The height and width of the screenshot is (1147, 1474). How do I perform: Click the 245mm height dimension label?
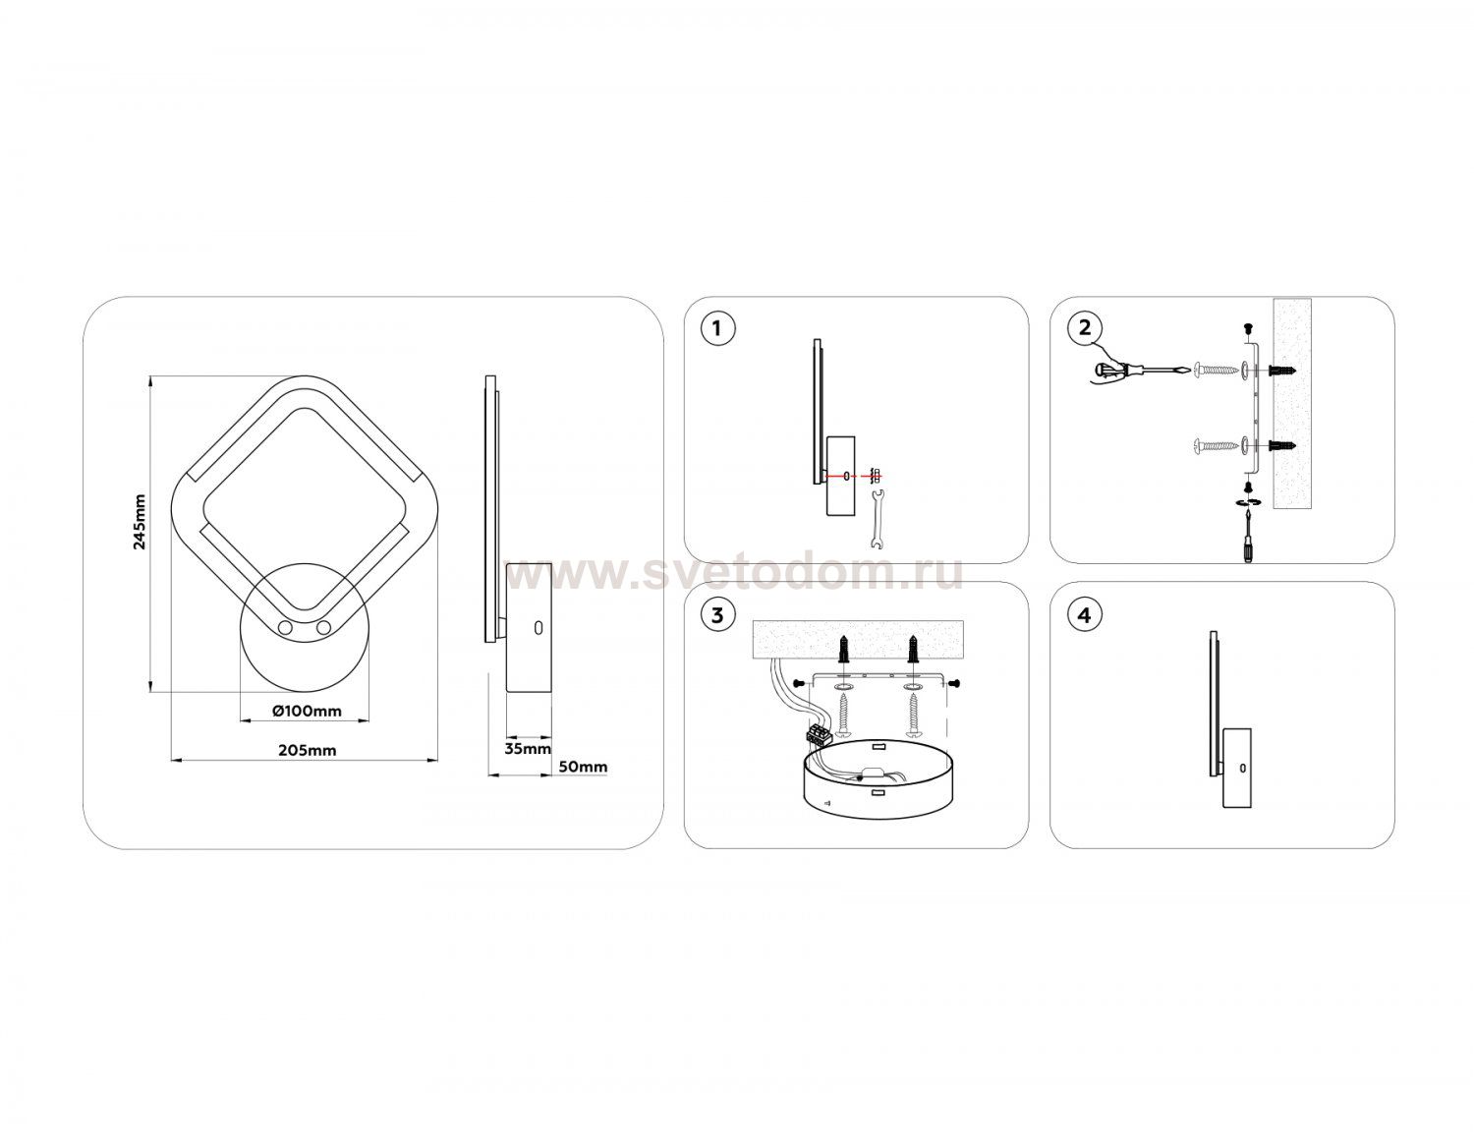point(140,522)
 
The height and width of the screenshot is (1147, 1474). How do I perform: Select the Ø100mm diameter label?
point(307,711)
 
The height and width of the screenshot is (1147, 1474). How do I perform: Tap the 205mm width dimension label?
point(307,750)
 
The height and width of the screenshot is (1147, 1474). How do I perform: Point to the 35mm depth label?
point(528,749)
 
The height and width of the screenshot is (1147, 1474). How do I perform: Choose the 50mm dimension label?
point(583,768)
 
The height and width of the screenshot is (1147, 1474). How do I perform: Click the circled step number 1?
point(717,329)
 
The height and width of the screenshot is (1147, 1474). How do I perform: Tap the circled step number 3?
point(717,615)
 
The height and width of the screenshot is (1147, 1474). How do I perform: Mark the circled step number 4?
point(1085,615)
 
